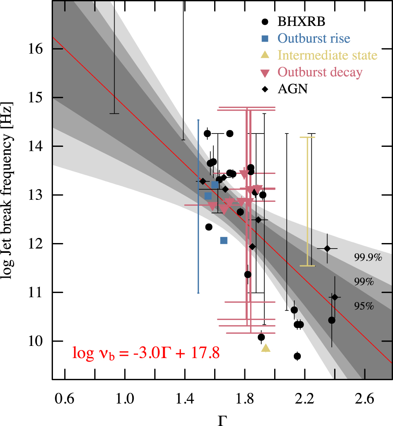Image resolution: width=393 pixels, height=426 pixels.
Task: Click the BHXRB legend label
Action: click(301, 22)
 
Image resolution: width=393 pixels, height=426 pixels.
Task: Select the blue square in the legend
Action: click(265, 38)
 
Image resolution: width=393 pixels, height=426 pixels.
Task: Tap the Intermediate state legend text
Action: click(327, 55)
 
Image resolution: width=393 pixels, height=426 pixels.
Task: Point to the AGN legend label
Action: click(293, 89)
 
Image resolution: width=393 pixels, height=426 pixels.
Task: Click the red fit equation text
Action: click(146, 352)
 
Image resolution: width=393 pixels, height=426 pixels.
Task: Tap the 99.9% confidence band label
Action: click(368, 258)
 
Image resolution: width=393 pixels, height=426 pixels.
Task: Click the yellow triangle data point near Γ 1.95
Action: click(266, 348)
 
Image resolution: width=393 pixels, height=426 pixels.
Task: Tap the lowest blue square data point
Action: click(224, 240)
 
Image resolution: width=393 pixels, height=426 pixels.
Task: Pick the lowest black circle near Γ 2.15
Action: click(297, 356)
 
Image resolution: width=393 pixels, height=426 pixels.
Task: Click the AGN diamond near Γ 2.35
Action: click(327, 248)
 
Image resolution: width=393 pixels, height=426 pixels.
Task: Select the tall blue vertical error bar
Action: click(198, 206)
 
